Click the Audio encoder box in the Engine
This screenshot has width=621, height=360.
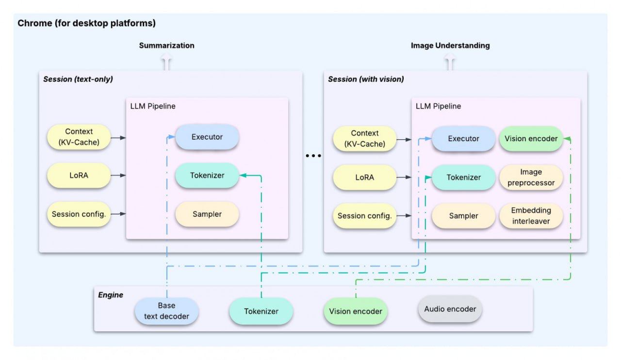450,309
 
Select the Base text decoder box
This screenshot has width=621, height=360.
166,311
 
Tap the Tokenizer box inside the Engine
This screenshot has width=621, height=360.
261,311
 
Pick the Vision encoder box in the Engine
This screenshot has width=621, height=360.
355,311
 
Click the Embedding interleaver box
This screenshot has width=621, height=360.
531,216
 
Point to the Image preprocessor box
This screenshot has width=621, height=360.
531,178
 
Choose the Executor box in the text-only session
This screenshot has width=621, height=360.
207,137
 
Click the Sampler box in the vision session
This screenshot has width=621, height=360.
463,216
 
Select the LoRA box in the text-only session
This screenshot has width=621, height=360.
79,175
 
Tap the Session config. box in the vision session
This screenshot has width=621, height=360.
364,216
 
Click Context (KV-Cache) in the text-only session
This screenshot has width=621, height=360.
79,137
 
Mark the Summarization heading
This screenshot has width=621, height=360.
166,46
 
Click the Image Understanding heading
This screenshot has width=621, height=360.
450,46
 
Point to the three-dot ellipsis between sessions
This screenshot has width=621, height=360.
313,156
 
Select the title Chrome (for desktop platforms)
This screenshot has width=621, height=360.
86,23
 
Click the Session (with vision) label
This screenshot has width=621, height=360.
366,79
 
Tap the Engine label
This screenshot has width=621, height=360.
111,295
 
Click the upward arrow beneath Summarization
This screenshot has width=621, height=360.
167,63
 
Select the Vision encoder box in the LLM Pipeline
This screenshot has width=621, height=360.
531,139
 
